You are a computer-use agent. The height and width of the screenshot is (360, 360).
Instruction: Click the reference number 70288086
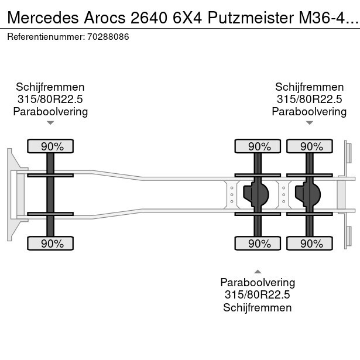click(109, 36)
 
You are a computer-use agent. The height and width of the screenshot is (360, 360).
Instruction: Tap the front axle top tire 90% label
click(50, 146)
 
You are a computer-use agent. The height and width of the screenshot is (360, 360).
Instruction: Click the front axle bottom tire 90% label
click(50, 243)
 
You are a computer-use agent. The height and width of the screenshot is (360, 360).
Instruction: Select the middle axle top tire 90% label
click(257, 146)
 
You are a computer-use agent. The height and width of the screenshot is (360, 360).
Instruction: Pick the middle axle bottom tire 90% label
click(257, 243)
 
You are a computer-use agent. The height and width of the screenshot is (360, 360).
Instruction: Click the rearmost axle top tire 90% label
click(309, 146)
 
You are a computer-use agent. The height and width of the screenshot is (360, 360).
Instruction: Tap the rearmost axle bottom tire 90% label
click(309, 243)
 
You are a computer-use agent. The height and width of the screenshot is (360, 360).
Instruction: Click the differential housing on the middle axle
click(257, 194)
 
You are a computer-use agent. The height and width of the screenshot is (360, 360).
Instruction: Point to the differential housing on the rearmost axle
click(309, 194)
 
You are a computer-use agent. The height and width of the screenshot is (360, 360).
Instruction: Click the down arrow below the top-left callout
click(50, 123)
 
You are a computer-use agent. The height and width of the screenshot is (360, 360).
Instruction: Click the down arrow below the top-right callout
click(309, 123)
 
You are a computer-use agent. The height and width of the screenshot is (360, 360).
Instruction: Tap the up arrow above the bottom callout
click(257, 271)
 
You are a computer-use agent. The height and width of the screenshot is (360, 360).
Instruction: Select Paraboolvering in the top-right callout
click(309, 111)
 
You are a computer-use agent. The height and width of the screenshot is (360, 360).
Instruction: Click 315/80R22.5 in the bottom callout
click(257, 295)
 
